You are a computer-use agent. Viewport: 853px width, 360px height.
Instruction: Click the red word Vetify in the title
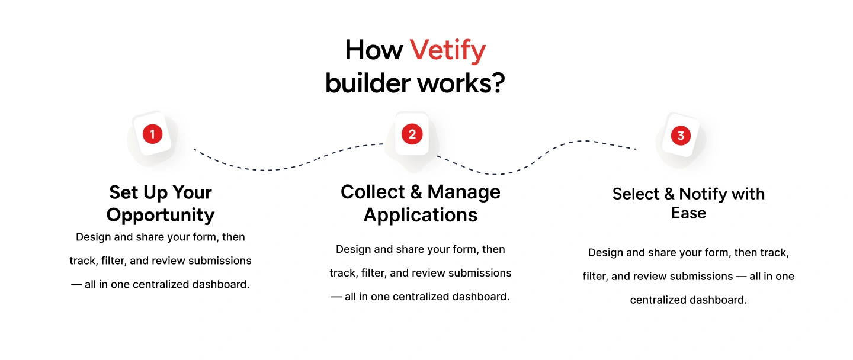(x=448, y=50)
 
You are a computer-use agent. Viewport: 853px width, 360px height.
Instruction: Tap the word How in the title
(x=374, y=50)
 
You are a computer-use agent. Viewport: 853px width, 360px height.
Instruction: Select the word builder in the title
(x=368, y=83)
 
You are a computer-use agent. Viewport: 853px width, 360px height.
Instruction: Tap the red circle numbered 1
(x=152, y=134)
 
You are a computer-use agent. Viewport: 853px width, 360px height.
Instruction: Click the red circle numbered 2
(x=412, y=134)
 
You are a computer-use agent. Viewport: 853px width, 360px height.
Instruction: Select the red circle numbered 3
(x=681, y=136)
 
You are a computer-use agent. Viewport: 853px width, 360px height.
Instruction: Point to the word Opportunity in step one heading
(x=161, y=214)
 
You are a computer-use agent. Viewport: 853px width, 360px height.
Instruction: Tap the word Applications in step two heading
(x=421, y=215)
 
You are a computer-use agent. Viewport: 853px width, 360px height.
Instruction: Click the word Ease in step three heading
(x=688, y=213)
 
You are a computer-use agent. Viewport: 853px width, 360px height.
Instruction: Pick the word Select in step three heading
(x=636, y=194)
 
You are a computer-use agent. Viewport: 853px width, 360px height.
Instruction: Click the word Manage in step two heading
(x=464, y=192)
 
